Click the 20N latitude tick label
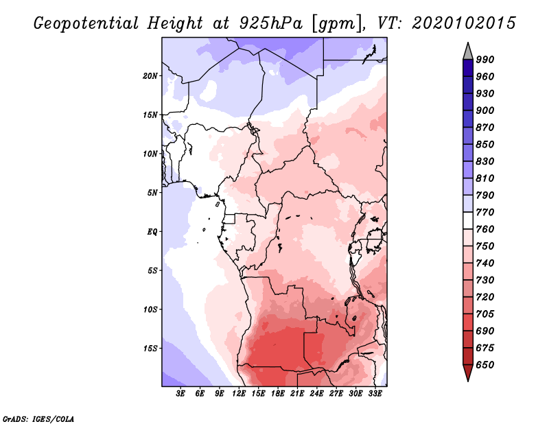click(x=150, y=76)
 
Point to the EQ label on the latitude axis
click(x=152, y=232)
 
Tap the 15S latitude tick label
click(x=150, y=349)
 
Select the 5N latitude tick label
click(x=152, y=193)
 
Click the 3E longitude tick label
click(x=180, y=394)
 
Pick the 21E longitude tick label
click(x=297, y=394)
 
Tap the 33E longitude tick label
click(x=375, y=394)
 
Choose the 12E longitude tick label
click(x=239, y=394)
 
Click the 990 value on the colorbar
click(x=485, y=60)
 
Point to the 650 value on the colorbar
click(x=485, y=365)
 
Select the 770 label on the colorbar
click(x=485, y=212)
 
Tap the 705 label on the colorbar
click(x=485, y=314)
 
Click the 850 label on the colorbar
click(x=485, y=144)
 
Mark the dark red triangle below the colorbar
click(x=468, y=371)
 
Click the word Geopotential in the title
click(x=86, y=23)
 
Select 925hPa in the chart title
click(x=271, y=23)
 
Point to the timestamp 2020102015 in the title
click(x=464, y=23)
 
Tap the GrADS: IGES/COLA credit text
click(x=38, y=419)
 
